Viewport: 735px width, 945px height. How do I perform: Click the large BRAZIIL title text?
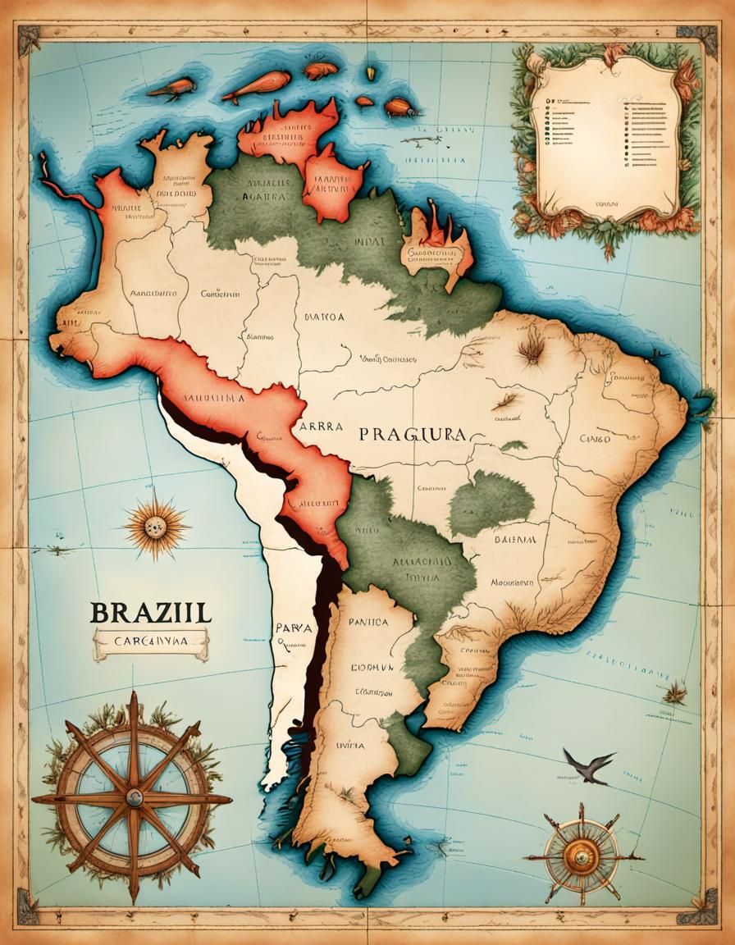pos(150,612)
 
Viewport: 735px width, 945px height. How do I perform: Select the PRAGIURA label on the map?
pos(412,435)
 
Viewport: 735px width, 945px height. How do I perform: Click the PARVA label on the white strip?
pos(293,628)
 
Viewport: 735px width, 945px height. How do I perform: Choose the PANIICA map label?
pos(368,623)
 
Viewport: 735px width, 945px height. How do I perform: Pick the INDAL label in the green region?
pos(367,243)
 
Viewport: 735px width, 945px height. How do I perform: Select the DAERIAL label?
pos(515,540)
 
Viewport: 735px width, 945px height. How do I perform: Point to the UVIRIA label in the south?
pos(350,746)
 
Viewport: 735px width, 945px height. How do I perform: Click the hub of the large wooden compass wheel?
pos(134,797)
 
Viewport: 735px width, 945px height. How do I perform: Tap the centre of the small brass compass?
pos(580,856)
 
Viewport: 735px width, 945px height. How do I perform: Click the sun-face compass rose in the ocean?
pos(154,526)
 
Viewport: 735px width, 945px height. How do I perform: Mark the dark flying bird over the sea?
pos(589,765)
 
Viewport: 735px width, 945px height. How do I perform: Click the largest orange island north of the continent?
pos(257,84)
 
